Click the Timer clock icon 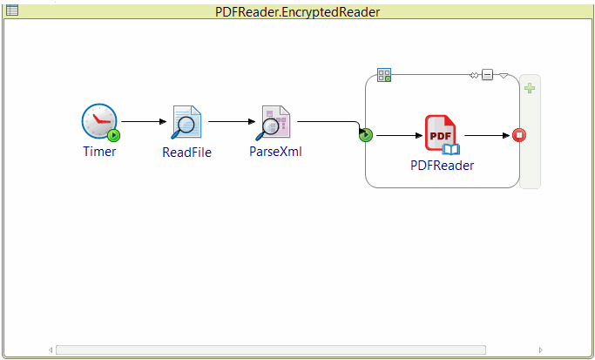coord(99,121)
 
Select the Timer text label coord(99,151)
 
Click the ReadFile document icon coord(186,122)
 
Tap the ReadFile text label coord(186,152)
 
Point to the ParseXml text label coord(275,152)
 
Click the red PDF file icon coord(441,133)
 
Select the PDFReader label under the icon coord(442,165)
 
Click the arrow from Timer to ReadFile coord(142,121)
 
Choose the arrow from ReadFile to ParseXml coord(230,121)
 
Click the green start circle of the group coord(366,135)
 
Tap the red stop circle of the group coord(519,135)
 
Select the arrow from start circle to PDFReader coord(397,135)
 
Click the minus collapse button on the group coord(487,75)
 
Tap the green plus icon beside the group coord(529,88)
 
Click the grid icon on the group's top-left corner coord(383,75)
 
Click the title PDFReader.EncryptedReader coord(297,11)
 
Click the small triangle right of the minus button coord(503,75)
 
